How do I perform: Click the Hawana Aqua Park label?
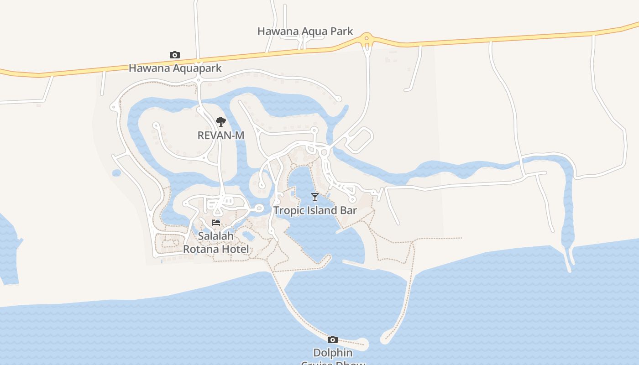(305, 31)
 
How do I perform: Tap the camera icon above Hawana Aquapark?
(174, 55)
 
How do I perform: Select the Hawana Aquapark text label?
(175, 68)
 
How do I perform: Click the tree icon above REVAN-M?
(221, 122)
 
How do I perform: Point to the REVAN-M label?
(221, 136)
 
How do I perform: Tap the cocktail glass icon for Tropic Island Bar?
(315, 197)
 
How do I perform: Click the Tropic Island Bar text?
(315, 210)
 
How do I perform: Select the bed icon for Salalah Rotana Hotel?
(216, 223)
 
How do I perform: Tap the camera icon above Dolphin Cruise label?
(333, 339)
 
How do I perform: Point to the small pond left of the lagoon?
(116, 173)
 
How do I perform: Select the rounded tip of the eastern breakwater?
(385, 339)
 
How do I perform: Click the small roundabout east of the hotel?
(259, 209)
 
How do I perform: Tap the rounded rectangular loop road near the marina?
(360, 140)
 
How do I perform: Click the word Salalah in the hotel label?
(215, 236)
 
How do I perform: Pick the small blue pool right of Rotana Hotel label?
(249, 236)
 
